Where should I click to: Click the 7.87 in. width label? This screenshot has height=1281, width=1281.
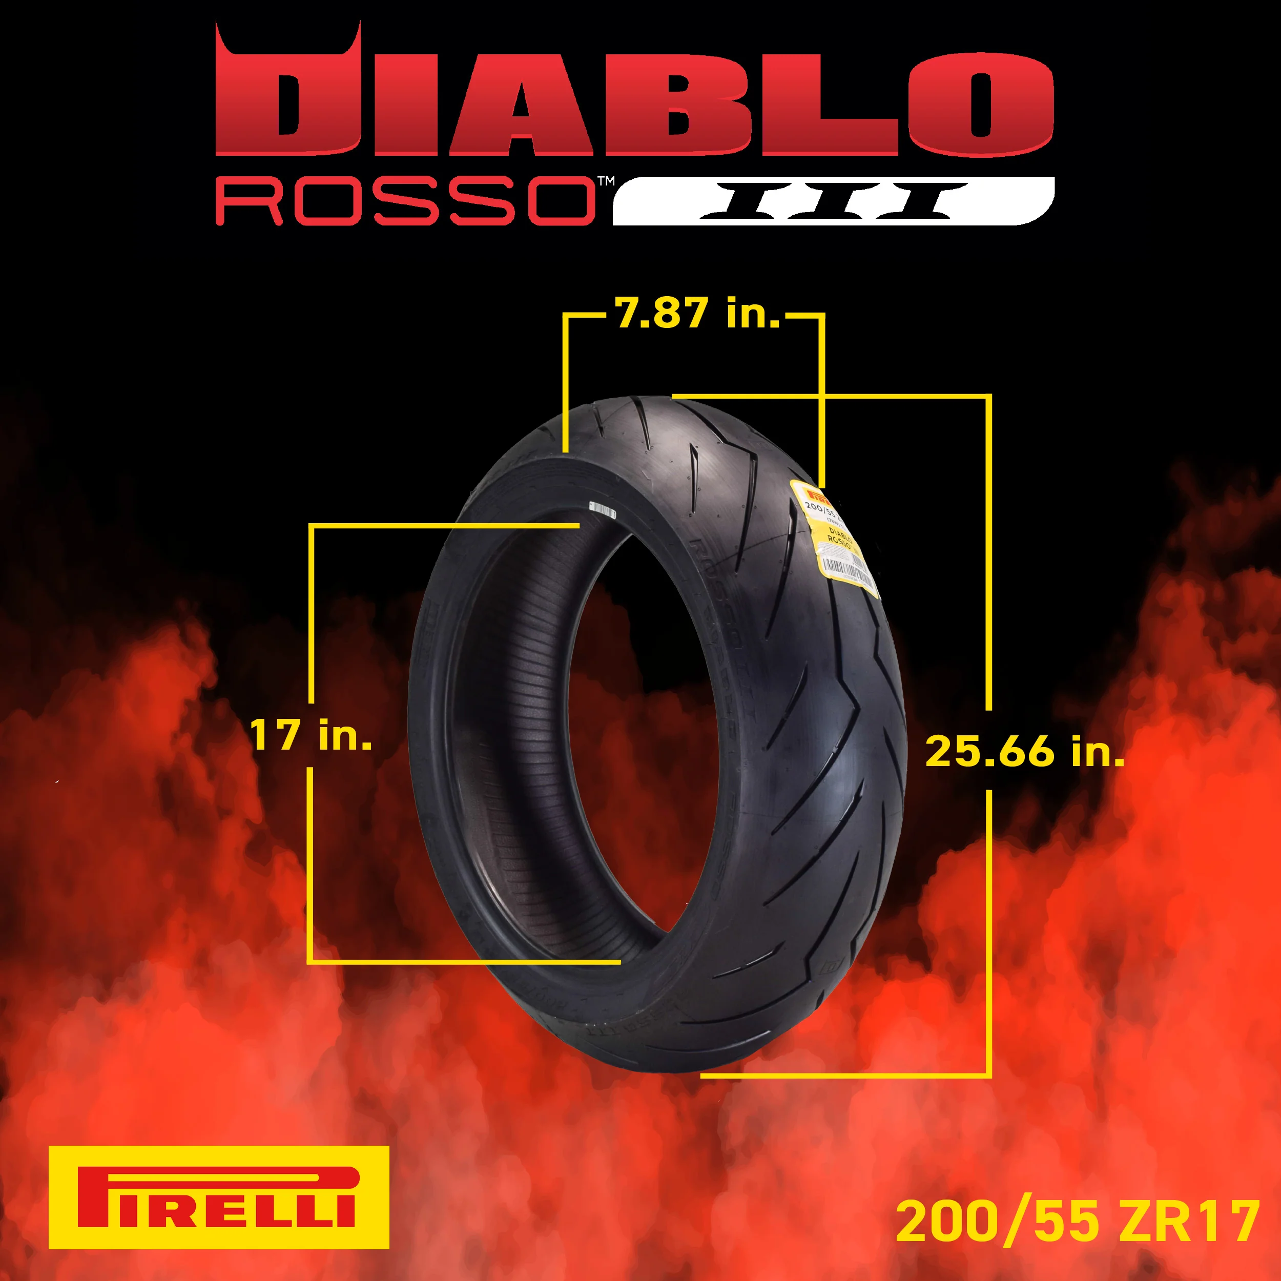[x=697, y=313]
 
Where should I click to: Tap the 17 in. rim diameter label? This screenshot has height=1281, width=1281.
[x=311, y=735]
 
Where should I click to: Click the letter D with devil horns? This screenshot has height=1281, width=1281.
[x=288, y=99]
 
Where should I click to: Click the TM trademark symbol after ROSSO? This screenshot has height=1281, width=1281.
[x=605, y=180]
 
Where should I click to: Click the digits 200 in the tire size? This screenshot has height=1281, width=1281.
[x=948, y=1222]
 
